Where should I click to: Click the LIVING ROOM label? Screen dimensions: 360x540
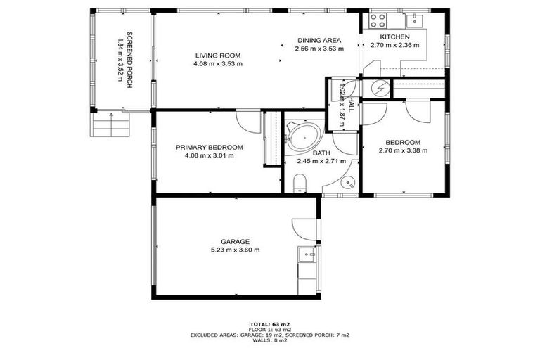[218, 55]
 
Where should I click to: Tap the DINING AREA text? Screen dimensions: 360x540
[319, 40]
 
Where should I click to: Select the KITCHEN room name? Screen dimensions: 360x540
[394, 37]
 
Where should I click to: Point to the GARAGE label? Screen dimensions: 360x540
[236, 241]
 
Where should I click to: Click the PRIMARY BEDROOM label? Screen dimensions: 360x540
[209, 147]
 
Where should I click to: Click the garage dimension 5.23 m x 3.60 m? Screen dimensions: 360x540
[236, 250]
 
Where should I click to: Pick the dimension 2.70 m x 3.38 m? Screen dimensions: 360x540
[403, 150]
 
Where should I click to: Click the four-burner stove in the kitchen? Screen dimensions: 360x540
[374, 20]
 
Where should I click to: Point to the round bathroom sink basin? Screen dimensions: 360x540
[347, 184]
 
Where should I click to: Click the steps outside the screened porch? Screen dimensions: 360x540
[110, 125]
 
